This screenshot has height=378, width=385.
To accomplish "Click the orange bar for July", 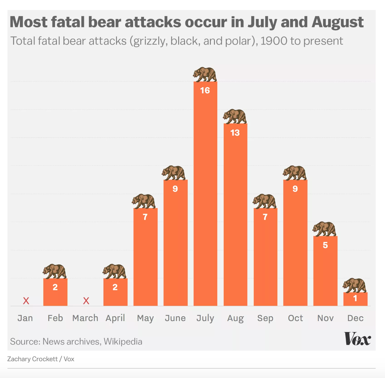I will click(x=205, y=199).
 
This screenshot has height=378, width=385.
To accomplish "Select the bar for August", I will click(x=235, y=218).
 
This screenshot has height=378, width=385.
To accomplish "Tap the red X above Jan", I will click(x=26, y=301).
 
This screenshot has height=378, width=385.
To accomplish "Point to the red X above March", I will click(x=86, y=301).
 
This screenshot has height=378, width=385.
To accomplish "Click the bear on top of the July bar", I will click(x=205, y=74).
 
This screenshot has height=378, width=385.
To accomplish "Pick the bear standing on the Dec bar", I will click(x=355, y=285).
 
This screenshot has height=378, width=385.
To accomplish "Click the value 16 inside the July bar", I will click(x=205, y=90).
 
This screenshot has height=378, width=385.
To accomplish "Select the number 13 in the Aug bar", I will click(x=235, y=133).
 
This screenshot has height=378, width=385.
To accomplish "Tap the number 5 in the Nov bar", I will click(x=325, y=245).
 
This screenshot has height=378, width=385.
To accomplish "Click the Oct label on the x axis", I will click(x=295, y=318).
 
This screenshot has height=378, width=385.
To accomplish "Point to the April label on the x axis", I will click(x=115, y=318).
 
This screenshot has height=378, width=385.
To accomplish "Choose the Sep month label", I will click(x=265, y=318).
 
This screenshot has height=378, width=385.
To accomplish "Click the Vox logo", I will click(x=357, y=339).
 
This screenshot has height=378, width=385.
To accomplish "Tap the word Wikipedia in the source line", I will click(x=123, y=341).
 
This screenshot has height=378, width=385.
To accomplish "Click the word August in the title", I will click(x=337, y=22).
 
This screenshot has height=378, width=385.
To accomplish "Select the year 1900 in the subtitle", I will click(x=274, y=41).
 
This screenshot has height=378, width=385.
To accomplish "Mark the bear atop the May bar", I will click(x=144, y=201).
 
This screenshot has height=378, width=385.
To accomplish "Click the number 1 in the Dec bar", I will click(x=355, y=298).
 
